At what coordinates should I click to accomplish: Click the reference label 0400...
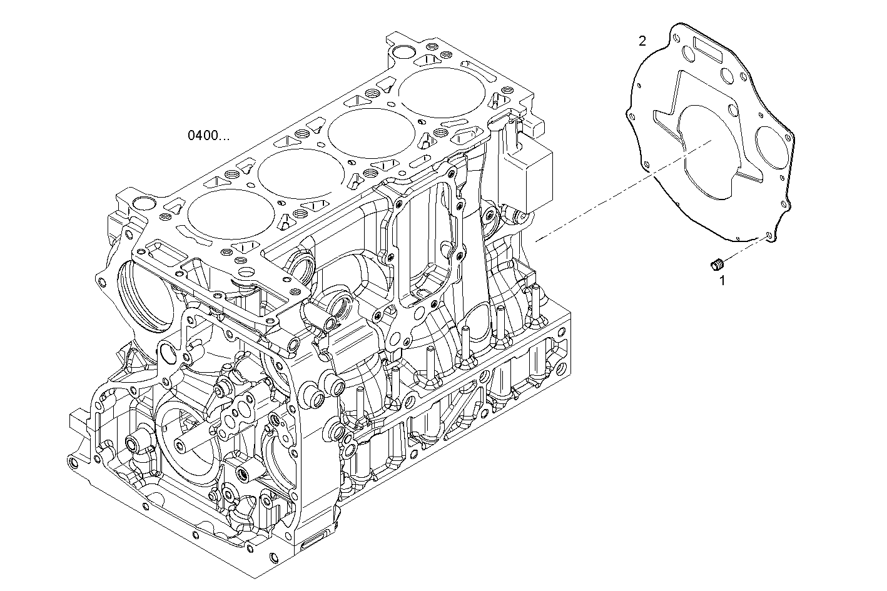pos(208,135)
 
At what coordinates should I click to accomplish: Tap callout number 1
pos(722,281)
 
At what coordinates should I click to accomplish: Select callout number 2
pos(642,41)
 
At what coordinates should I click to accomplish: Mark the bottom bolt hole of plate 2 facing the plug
pos(768,236)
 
